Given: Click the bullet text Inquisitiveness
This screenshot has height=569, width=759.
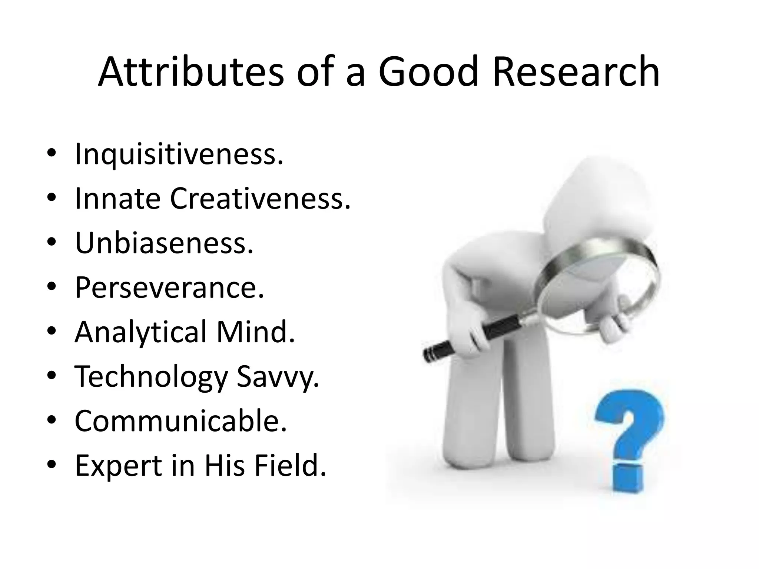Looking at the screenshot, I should tap(179, 154).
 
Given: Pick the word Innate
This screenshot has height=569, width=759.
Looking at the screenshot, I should tap(117, 199).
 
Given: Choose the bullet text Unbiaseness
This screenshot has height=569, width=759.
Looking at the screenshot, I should tap(164, 243).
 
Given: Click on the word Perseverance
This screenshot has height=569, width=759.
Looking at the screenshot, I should tap(169, 287).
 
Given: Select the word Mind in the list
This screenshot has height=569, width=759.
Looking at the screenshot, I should tap(255, 332).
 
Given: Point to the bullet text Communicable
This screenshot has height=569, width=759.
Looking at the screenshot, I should tap(181, 421).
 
